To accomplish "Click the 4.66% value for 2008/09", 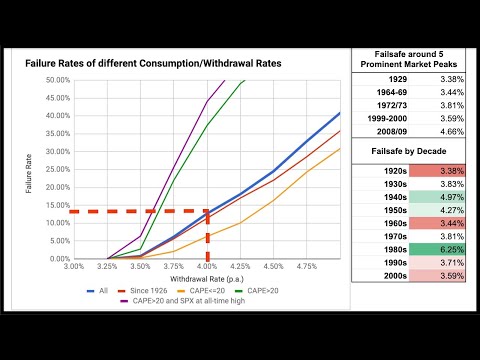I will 444,129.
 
